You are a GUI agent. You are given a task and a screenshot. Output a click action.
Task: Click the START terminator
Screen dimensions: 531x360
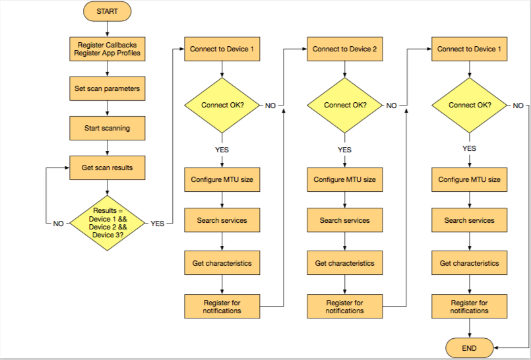point(108,11)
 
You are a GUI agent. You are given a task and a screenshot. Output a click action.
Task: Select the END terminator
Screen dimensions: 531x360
point(470,348)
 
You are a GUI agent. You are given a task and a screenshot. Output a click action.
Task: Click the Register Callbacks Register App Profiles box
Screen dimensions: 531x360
point(108,49)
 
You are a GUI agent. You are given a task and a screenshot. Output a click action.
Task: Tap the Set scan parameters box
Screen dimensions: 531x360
point(108,88)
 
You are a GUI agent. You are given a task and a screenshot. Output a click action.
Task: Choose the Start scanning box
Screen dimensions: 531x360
point(108,128)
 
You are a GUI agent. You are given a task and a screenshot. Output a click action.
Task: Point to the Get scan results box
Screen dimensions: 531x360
point(108,168)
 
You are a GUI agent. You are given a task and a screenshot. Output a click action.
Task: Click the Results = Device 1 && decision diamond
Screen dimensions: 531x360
point(108,223)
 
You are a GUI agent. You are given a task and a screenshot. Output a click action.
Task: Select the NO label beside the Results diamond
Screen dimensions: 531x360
point(58,224)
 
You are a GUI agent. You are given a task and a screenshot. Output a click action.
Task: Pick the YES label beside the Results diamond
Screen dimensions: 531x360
point(158,224)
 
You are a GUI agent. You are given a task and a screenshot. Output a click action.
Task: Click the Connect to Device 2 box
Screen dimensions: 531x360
point(345,49)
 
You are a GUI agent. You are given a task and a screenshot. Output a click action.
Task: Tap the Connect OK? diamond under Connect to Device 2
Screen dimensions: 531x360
point(345,105)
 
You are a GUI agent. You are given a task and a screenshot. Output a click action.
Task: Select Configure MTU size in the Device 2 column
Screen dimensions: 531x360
point(345,179)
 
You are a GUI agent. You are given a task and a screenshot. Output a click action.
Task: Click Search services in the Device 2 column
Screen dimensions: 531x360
point(345,220)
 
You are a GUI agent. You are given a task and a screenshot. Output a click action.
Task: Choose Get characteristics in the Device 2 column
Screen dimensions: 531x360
point(345,263)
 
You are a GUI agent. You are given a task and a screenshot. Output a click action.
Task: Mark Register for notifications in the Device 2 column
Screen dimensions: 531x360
point(345,306)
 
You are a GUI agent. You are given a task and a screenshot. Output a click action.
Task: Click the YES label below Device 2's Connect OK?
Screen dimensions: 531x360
point(345,150)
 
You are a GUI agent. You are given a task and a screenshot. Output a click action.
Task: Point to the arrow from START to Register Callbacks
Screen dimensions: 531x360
point(108,30)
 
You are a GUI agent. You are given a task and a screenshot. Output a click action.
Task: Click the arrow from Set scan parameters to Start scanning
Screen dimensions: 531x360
point(108,108)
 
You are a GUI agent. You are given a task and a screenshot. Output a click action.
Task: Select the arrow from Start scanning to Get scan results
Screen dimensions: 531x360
point(108,148)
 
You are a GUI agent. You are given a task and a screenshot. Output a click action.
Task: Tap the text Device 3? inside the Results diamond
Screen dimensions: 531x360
point(108,235)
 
